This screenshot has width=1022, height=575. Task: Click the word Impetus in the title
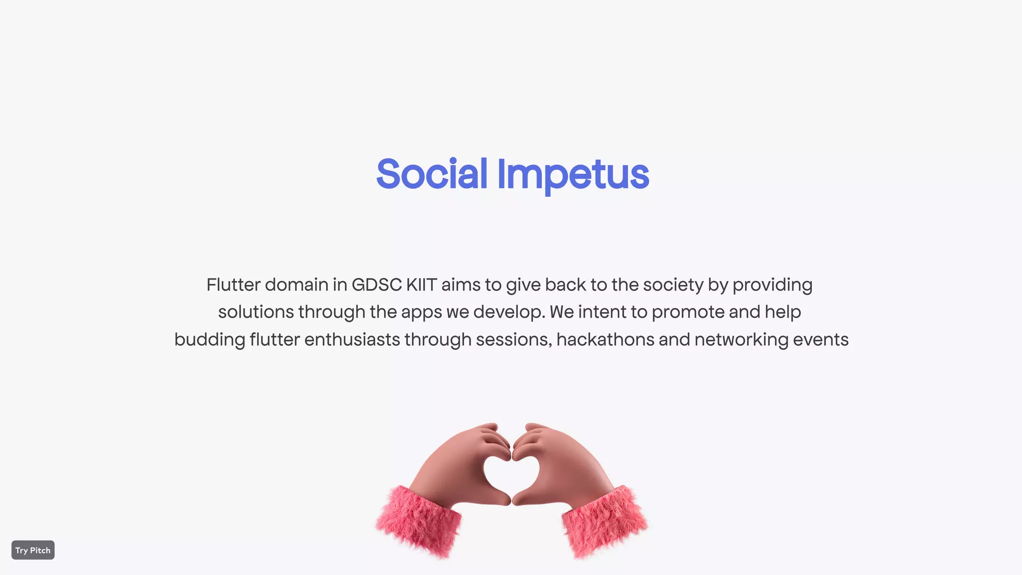pyautogui.click(x=573, y=176)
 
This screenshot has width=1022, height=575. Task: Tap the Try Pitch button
pyautogui.click(x=33, y=550)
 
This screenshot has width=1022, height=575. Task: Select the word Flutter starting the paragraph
pyautogui.click(x=234, y=285)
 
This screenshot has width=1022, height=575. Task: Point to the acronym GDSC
pyautogui.click(x=377, y=285)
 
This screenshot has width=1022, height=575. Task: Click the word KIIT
pyautogui.click(x=422, y=285)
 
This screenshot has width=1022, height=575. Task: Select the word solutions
pyautogui.click(x=256, y=312)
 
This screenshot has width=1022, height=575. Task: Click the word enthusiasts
pyautogui.click(x=352, y=339)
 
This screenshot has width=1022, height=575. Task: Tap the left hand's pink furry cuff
pyautogui.click(x=418, y=522)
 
